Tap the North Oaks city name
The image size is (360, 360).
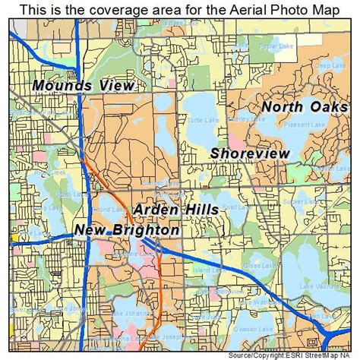pyautogui.click(x=305, y=106)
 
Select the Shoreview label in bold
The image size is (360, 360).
pyautogui.click(x=251, y=153)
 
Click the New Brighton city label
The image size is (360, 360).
pyautogui.click(x=128, y=229)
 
